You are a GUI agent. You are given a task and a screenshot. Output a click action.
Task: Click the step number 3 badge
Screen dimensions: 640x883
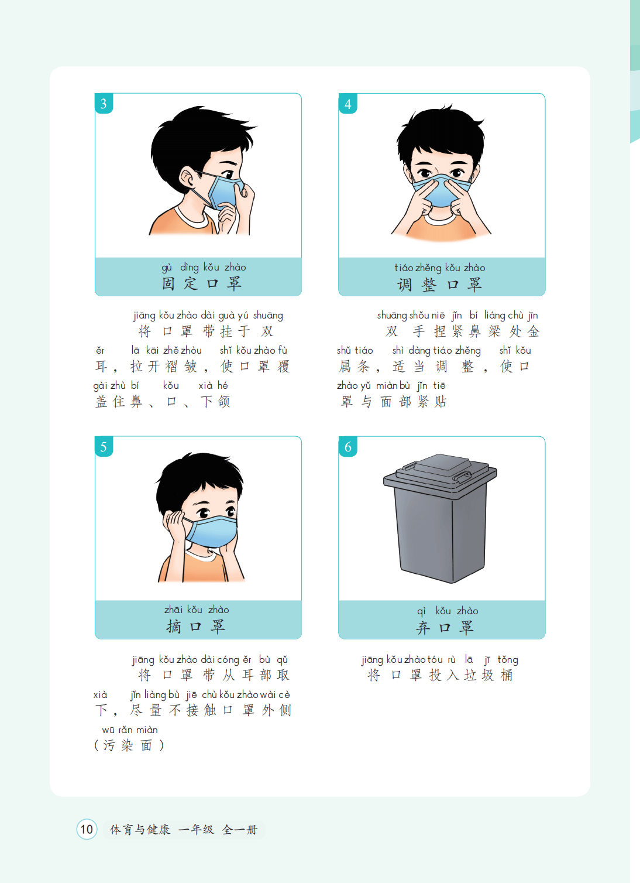(x=104, y=103)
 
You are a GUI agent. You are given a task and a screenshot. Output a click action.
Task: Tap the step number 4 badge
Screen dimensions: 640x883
(x=347, y=104)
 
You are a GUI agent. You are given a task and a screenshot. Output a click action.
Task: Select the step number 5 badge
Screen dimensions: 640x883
(x=104, y=447)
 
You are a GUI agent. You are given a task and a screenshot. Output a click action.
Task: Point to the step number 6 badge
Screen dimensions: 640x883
(x=347, y=447)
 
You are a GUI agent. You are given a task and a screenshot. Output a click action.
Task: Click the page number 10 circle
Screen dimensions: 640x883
(x=87, y=829)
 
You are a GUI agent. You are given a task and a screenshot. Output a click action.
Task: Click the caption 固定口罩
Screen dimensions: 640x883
(x=202, y=283)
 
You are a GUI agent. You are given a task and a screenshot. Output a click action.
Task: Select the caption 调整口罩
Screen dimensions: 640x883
(x=439, y=284)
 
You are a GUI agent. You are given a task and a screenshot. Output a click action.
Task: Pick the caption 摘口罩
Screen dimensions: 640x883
(x=196, y=627)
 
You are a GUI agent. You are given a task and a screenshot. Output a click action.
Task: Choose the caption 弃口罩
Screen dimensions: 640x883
(x=445, y=627)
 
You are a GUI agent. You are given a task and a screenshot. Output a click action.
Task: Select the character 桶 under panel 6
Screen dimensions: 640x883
(x=507, y=675)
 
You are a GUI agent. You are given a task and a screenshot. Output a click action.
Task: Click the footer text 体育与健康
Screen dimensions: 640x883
(x=140, y=829)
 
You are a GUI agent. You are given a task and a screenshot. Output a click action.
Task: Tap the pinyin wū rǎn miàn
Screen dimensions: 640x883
(x=130, y=730)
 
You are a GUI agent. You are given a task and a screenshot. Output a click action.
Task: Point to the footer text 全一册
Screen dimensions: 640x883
(x=240, y=829)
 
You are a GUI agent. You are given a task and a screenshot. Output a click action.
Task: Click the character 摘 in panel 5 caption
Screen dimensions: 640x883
(x=173, y=627)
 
